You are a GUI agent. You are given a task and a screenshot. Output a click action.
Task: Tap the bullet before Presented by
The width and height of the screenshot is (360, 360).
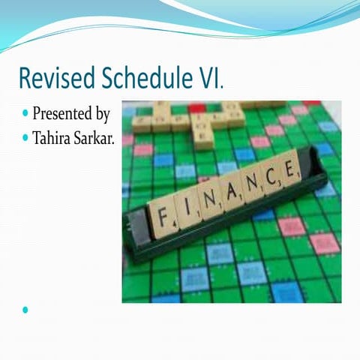(x=26, y=115)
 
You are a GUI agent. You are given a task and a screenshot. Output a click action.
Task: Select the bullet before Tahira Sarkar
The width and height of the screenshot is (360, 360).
(x=26, y=138)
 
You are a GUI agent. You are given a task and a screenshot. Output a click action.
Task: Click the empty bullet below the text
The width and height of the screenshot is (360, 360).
(x=26, y=310)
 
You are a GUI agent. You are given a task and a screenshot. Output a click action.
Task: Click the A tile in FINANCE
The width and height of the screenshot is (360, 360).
(x=230, y=192)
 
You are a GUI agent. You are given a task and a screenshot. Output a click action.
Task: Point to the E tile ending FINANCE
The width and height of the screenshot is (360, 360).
(x=289, y=169)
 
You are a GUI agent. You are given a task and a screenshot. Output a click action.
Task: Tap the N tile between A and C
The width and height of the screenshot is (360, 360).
(x=251, y=184)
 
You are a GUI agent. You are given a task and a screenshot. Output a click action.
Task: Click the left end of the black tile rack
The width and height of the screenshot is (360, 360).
(x=135, y=229)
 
